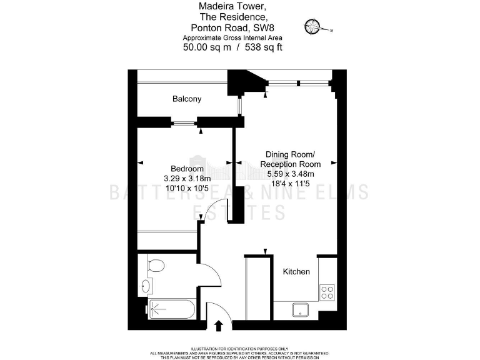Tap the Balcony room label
[x=187, y=99]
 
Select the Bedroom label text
[x=187, y=169]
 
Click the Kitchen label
[x=296, y=272]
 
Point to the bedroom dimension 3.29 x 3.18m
[x=186, y=178]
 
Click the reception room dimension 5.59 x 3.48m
[x=290, y=174]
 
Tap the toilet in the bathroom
[x=155, y=266]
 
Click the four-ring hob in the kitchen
[x=327, y=292]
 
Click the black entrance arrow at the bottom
[x=219, y=325]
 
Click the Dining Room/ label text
[x=290, y=154]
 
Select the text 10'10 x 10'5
[x=186, y=187]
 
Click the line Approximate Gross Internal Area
[x=231, y=37]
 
